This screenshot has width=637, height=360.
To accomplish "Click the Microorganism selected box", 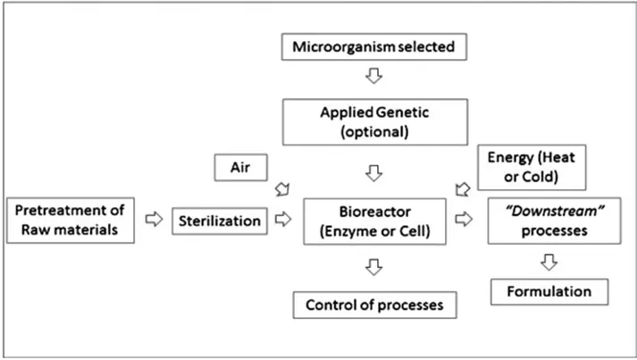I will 374,45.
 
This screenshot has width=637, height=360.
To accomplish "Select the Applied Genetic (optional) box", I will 374,121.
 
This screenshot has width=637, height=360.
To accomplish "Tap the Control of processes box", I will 374,305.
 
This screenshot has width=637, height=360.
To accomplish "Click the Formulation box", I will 549,291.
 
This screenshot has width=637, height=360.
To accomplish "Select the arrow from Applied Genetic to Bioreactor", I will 374,171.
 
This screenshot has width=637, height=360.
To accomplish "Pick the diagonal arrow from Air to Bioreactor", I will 284,188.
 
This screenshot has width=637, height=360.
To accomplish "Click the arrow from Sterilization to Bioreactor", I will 284,220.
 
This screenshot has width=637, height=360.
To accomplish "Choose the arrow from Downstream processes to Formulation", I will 549,261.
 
